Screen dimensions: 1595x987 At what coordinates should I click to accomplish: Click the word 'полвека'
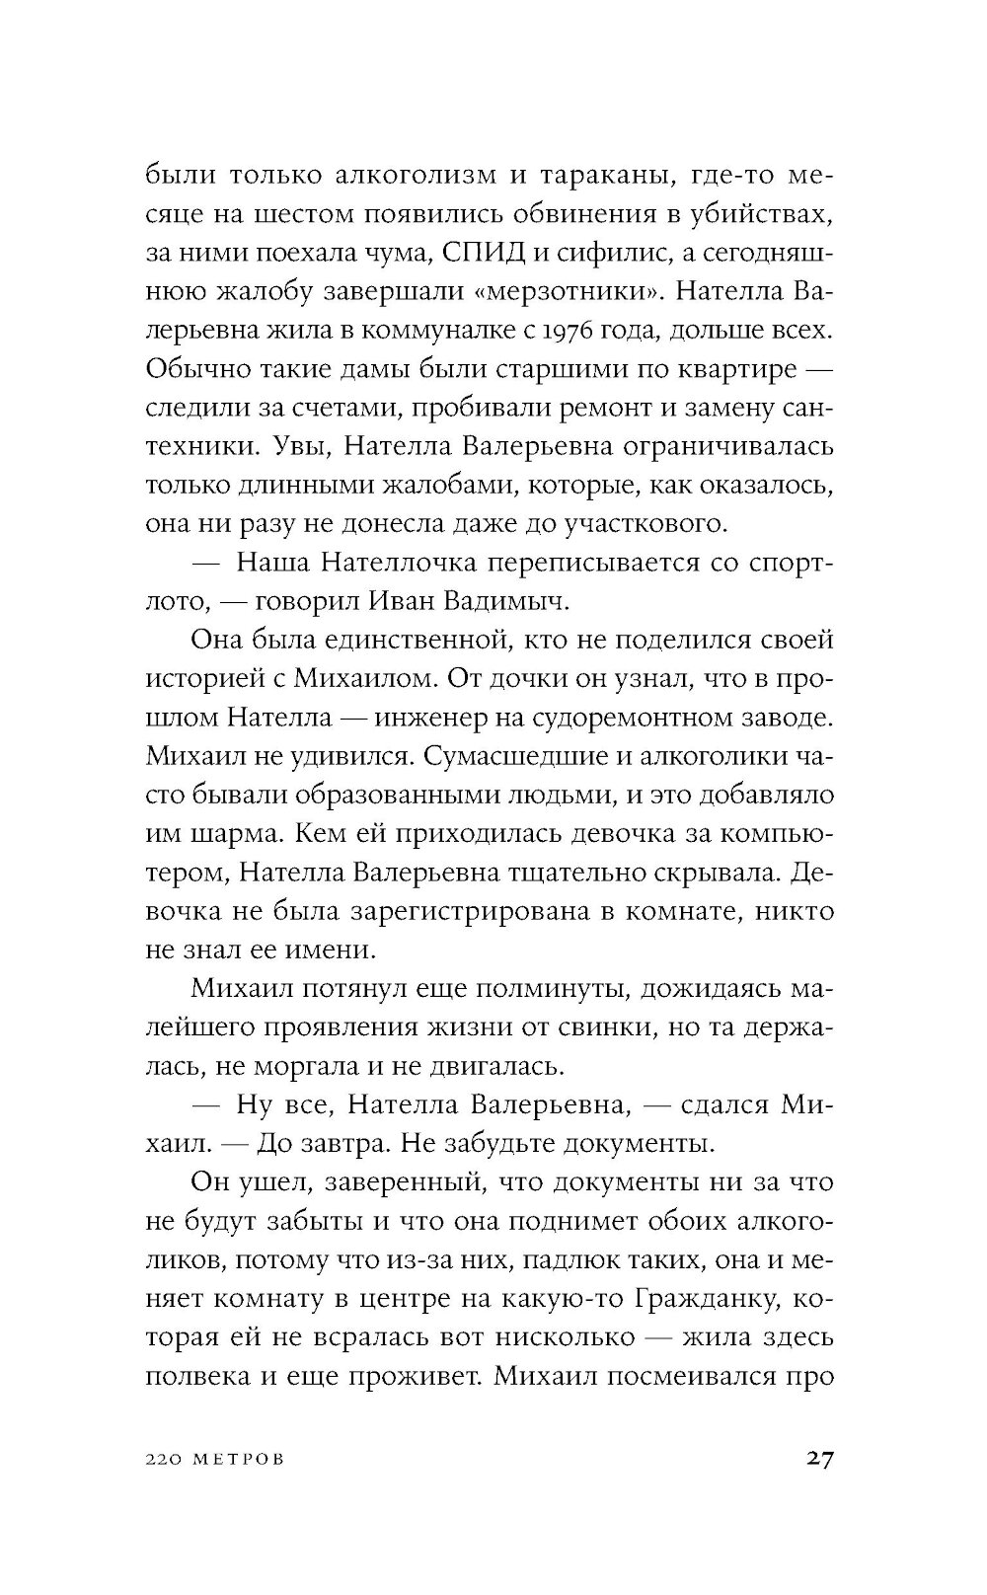(x=194, y=1375)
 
